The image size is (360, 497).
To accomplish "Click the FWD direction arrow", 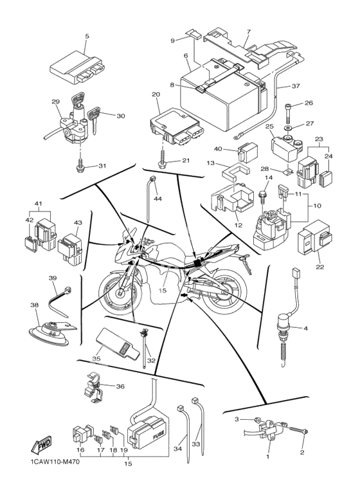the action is [x=40, y=445].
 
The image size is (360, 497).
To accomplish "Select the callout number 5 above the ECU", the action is [x=87, y=36].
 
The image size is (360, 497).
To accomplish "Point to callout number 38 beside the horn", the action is [x=35, y=305].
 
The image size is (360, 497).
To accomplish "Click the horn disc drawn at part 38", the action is [x=49, y=336].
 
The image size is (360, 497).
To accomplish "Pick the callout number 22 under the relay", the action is [x=320, y=267].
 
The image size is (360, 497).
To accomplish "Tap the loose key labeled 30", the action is [x=94, y=120].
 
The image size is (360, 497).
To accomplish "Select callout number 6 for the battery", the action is [x=186, y=56].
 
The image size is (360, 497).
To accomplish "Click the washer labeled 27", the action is [x=289, y=128].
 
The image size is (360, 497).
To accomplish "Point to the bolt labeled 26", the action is [x=288, y=113].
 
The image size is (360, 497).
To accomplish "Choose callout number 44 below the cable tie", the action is [x=157, y=199].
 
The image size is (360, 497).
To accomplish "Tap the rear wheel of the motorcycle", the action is [x=224, y=292].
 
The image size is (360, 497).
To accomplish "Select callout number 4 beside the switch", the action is [x=305, y=329].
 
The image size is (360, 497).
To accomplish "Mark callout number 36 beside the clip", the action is [x=120, y=386].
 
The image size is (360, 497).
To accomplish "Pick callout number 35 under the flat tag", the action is [x=96, y=359].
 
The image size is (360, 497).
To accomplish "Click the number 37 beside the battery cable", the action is [x=296, y=86].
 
